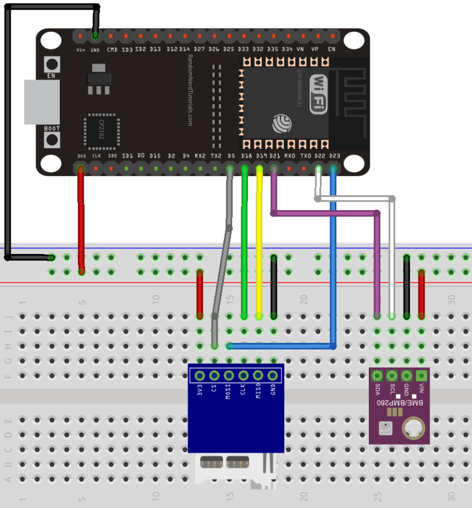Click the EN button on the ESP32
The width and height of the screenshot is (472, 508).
click(x=52, y=64)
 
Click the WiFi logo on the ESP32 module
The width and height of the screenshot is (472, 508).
click(x=318, y=93)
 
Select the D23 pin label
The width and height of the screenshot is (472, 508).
click(x=334, y=155)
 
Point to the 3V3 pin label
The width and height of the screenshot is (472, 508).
click(x=81, y=155)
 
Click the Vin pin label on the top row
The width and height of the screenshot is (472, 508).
click(x=80, y=50)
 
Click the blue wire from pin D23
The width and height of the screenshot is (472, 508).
click(x=333, y=256)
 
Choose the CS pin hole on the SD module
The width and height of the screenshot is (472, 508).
click(x=214, y=376)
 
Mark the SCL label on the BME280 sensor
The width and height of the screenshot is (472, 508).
click(x=392, y=389)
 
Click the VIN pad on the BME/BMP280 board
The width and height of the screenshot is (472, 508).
click(x=421, y=375)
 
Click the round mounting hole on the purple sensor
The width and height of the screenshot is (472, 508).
click(x=413, y=429)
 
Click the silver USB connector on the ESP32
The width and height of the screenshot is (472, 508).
click(x=41, y=102)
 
